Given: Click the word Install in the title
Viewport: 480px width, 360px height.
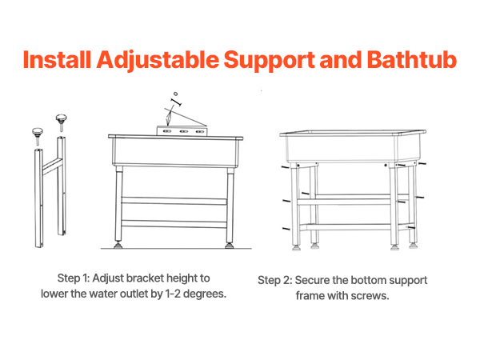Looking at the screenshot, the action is (x=58, y=59).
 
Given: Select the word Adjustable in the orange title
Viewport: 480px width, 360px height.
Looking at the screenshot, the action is (x=158, y=61).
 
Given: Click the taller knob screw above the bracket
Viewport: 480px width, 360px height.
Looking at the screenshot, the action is (x=62, y=122).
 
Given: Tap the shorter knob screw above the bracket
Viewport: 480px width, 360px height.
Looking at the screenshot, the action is (x=38, y=136).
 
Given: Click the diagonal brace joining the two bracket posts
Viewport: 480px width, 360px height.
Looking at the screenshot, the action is (x=52, y=166).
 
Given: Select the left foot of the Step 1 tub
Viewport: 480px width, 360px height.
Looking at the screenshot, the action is (x=118, y=246).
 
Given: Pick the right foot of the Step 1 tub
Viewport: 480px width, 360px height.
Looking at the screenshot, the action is (x=229, y=246).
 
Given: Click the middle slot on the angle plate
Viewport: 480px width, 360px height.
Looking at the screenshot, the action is (x=184, y=131).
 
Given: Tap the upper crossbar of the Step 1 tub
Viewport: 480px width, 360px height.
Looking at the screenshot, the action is (x=174, y=201).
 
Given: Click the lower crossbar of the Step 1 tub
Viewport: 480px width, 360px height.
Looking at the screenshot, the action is (x=174, y=224).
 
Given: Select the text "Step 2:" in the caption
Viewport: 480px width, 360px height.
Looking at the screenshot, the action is (x=275, y=281).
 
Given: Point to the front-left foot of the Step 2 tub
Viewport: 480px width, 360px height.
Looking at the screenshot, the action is (x=296, y=247).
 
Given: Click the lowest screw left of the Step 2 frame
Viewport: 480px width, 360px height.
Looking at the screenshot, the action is (x=286, y=228).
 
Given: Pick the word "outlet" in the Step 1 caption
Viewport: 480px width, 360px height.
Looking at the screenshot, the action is (x=134, y=294).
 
